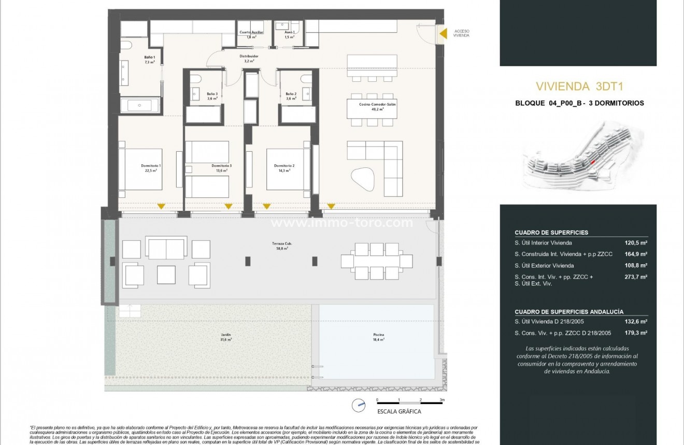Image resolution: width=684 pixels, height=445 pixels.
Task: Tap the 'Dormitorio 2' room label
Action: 284,166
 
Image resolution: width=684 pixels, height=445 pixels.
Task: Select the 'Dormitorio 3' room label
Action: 221,166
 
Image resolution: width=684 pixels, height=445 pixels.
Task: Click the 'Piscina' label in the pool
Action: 377,335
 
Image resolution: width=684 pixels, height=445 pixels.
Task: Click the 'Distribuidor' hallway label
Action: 249,56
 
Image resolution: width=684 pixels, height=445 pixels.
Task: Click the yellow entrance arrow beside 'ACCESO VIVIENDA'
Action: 443,34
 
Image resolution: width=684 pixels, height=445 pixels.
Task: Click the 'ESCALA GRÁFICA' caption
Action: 399,412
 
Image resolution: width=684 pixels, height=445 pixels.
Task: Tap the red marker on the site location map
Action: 593,162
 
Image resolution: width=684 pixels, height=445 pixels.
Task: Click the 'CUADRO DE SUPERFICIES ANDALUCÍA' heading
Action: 569,312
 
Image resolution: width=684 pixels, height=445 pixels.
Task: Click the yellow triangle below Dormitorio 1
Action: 161,206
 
